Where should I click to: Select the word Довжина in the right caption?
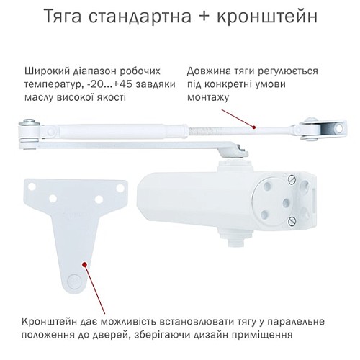pyautogui.click(x=208, y=71)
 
